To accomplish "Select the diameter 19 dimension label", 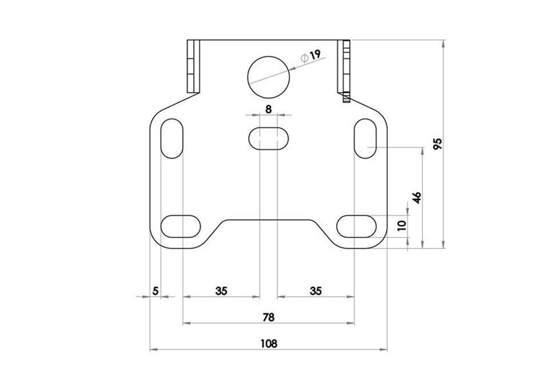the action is click(x=311, y=56).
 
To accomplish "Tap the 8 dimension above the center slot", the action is click(x=268, y=109).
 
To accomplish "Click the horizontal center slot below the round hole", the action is click(x=269, y=138).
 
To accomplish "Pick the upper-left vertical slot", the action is click(x=172, y=138).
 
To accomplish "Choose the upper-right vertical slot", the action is click(x=365, y=138).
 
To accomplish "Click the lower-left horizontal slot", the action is click(x=181, y=226).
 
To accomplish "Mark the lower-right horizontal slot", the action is click(x=356, y=226).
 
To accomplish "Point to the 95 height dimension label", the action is click(x=437, y=144).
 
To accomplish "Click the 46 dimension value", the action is click(x=417, y=198).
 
